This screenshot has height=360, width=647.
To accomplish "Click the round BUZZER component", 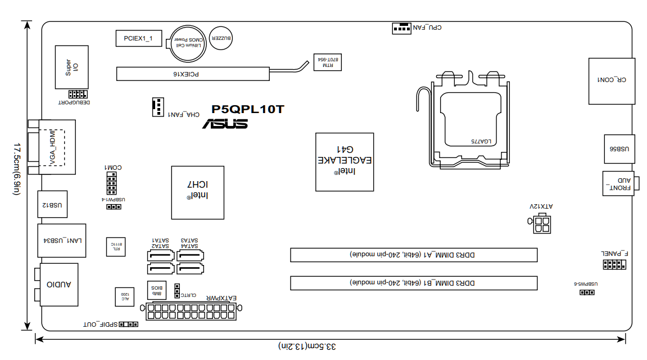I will pyautogui.click(x=220, y=38).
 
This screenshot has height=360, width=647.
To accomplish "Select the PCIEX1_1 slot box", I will pyautogui.click(x=138, y=38).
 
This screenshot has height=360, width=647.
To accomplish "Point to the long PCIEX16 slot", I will pyautogui.click(x=192, y=73).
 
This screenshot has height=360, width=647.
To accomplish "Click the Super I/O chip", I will pyautogui.click(x=71, y=67).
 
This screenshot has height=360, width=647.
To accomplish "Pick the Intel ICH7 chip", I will pyautogui.click(x=197, y=192).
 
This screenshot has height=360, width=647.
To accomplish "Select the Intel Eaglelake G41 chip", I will pyautogui.click(x=344, y=162).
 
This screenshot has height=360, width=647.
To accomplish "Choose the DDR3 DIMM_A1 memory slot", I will pyautogui.click(x=413, y=255).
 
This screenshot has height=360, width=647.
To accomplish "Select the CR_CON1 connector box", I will pyautogui.click(x=612, y=81).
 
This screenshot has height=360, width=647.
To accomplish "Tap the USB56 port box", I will pyautogui.click(x=619, y=150).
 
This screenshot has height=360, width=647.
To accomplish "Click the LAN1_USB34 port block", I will pyautogui.click(x=62, y=241).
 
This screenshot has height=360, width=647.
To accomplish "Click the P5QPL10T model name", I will pyautogui.click(x=247, y=110).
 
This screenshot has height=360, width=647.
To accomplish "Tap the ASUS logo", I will pyautogui.click(x=225, y=124).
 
